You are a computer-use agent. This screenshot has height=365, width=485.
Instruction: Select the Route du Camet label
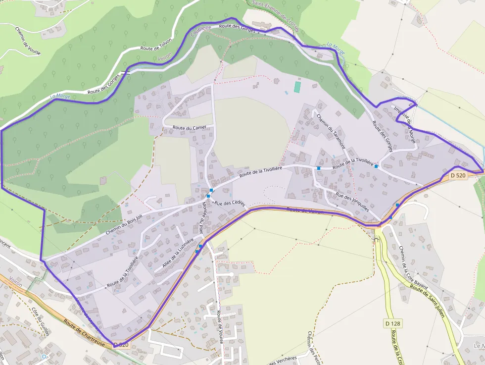(189, 127)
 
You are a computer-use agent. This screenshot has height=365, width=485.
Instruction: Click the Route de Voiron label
(305, 211)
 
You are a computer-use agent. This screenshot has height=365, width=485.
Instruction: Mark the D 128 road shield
(392, 324)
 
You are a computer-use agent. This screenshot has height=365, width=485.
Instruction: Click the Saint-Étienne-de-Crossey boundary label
(276, 15)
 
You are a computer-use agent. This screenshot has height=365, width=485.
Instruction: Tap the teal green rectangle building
(297, 87)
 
